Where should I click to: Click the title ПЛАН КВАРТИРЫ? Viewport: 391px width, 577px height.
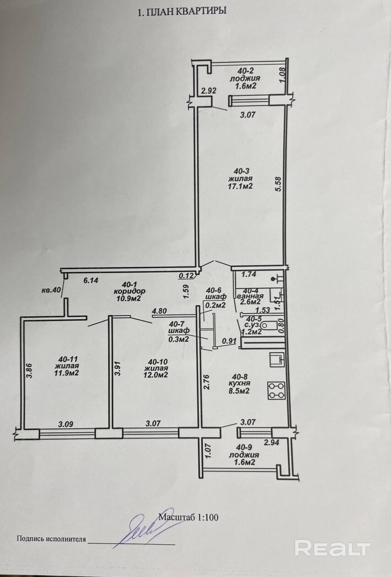pyautogui.click(x=186, y=12)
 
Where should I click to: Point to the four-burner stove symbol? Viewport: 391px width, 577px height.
pyautogui.click(x=276, y=390)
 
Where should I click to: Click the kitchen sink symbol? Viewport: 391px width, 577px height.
pyautogui.click(x=277, y=359)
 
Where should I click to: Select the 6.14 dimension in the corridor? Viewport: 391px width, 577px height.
pyautogui.click(x=91, y=281)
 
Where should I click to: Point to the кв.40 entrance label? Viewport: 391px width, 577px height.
pyautogui.click(x=51, y=290)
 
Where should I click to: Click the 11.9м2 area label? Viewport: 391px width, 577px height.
pyautogui.click(x=66, y=373)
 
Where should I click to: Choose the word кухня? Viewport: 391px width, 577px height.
pyautogui.click(x=240, y=383)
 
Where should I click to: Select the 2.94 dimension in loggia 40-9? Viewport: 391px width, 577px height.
pyautogui.click(x=271, y=443)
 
